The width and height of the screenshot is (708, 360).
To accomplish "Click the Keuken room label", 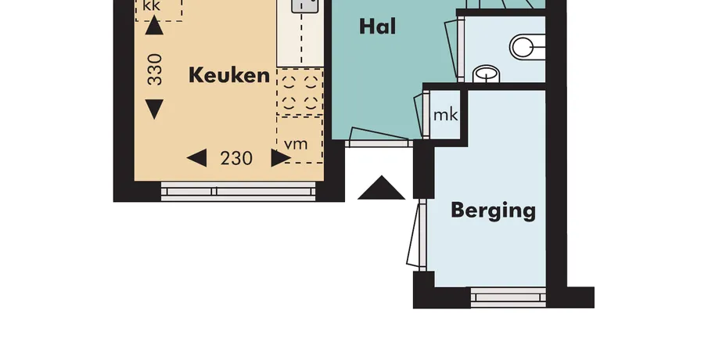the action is click(229, 75).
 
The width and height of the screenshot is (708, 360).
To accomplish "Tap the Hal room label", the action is click(378, 27).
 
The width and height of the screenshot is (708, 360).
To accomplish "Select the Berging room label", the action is click(494, 211).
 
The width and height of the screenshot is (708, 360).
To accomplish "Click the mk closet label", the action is click(445, 115).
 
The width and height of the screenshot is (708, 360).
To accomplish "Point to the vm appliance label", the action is click(296, 145).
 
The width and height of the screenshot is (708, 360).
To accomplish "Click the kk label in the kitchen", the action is click(151, 6).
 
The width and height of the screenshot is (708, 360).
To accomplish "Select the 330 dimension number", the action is click(155, 69).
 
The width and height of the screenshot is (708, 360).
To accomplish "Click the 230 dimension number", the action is click(236, 159).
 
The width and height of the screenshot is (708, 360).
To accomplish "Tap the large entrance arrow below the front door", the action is click(381, 188).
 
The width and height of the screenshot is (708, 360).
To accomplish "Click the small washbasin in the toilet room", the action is click(487, 74).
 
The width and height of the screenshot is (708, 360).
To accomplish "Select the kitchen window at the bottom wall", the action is click(239, 191).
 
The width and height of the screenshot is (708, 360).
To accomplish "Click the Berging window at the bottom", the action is click(509, 297).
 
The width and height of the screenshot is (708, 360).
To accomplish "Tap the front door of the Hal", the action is click(379, 139).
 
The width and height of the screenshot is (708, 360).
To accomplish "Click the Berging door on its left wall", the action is click(417, 235).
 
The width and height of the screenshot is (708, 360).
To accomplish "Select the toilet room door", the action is click(455, 49).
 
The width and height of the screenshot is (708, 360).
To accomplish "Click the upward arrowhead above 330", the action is click(154, 25).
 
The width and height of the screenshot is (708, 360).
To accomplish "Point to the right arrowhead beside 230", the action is click(281, 158).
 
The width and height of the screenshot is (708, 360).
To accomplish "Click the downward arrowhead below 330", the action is click(154, 110).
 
